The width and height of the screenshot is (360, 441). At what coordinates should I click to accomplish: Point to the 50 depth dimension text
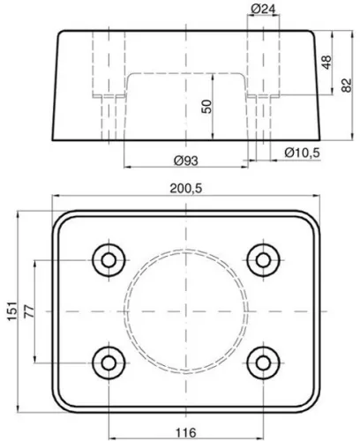pyautogui.click(x=206, y=106)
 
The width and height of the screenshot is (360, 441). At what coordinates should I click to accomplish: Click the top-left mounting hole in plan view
pyautogui.click(x=109, y=260)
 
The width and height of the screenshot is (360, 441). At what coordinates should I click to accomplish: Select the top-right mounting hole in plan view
pyautogui.click(x=261, y=260)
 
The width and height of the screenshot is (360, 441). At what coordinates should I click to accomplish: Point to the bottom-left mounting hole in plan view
pyautogui.click(x=109, y=362)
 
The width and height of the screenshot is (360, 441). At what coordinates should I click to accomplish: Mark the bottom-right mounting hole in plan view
pyautogui.click(x=261, y=362)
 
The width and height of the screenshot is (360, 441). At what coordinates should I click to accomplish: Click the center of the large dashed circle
pyautogui.click(x=184, y=311)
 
